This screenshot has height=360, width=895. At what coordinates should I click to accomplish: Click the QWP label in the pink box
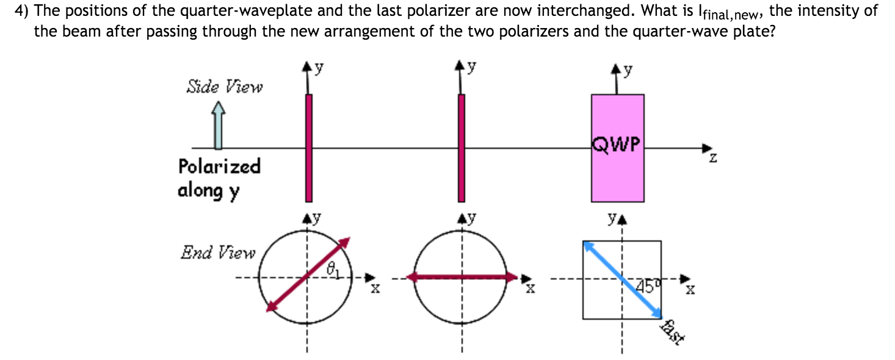pyautogui.click(x=617, y=145)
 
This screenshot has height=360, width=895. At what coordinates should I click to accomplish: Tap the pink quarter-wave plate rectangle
pyautogui.click(x=617, y=177)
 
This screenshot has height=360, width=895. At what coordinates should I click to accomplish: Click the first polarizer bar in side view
pyautogui.click(x=308, y=148)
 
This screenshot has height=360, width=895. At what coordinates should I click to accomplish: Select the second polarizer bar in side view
pyautogui.click(x=462, y=148)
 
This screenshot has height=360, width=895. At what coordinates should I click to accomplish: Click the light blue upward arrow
pyautogui.click(x=218, y=125)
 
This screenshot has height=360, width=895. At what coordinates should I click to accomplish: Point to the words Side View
pyautogui.click(x=224, y=87)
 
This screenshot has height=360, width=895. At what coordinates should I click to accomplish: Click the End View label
pyautogui.click(x=217, y=253)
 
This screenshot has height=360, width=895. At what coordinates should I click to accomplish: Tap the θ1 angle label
pyautogui.click(x=333, y=267)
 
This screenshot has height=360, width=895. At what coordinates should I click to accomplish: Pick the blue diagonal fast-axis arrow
pyautogui.click(x=622, y=279)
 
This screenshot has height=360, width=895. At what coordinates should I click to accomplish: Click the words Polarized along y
pyautogui.click(x=219, y=178)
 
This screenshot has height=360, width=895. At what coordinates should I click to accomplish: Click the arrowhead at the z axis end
pyautogui.click(x=707, y=148)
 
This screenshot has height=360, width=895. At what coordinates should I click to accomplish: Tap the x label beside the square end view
pyautogui.click(x=689, y=290)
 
